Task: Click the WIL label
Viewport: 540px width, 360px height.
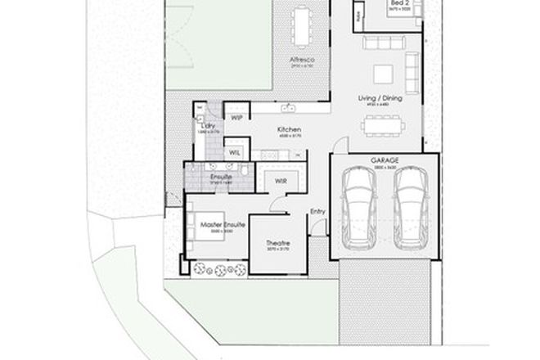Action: [x=234, y=152]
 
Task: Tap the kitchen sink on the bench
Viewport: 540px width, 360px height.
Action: [x=288, y=108]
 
